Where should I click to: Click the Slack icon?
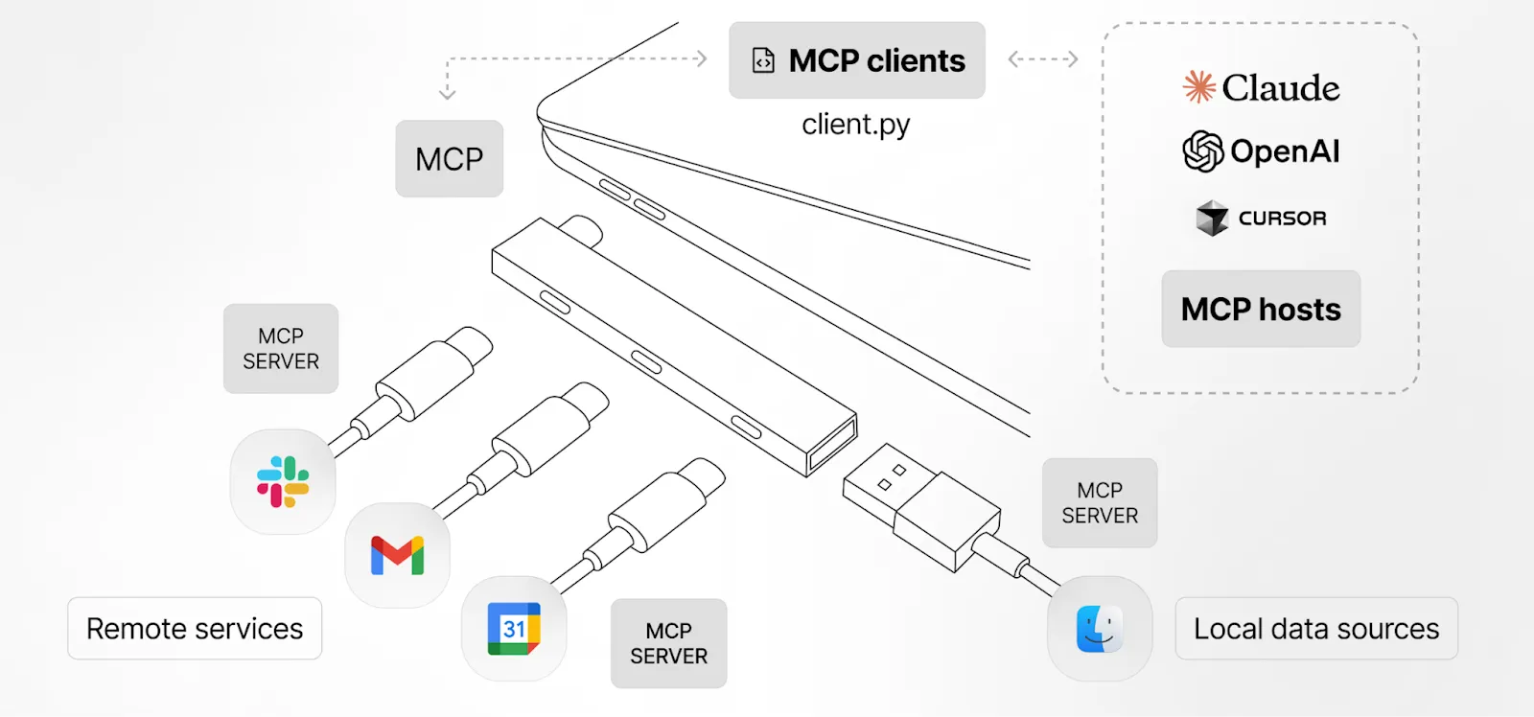(283, 481)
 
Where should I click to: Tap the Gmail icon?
(397, 556)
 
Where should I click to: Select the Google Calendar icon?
(514, 629)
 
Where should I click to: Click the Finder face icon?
(1100, 629)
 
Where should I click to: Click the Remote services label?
(195, 629)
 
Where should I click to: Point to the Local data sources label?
(1316, 629)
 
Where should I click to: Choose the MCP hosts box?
(1261, 309)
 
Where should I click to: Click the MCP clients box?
(857, 60)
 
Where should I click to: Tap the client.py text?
(855, 125)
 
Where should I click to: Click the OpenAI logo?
(1261, 151)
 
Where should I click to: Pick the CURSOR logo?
(1261, 219)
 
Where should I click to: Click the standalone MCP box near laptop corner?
(449, 159)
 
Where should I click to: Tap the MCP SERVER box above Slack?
(281, 349)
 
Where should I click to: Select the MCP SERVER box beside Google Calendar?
(668, 643)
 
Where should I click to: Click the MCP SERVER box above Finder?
(1100, 503)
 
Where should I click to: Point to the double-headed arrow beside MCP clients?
(1043, 59)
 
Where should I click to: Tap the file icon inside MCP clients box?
(763, 60)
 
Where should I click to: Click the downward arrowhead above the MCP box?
(447, 94)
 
